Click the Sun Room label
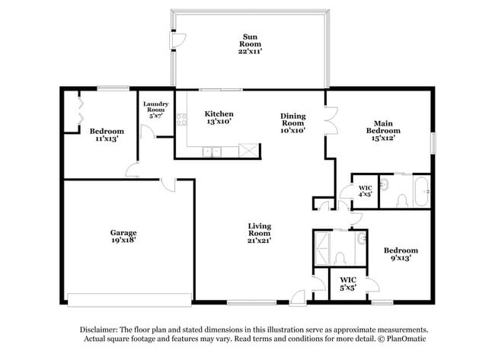tap(251, 44)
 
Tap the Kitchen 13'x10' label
tap(219, 116)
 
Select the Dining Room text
tap(293, 123)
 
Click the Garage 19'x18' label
tap(123, 236)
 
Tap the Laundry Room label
tap(155, 110)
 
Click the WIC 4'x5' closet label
tap(366, 190)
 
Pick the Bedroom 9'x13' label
tap(401, 254)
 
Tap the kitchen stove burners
tap(181, 118)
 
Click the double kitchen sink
tap(212, 152)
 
